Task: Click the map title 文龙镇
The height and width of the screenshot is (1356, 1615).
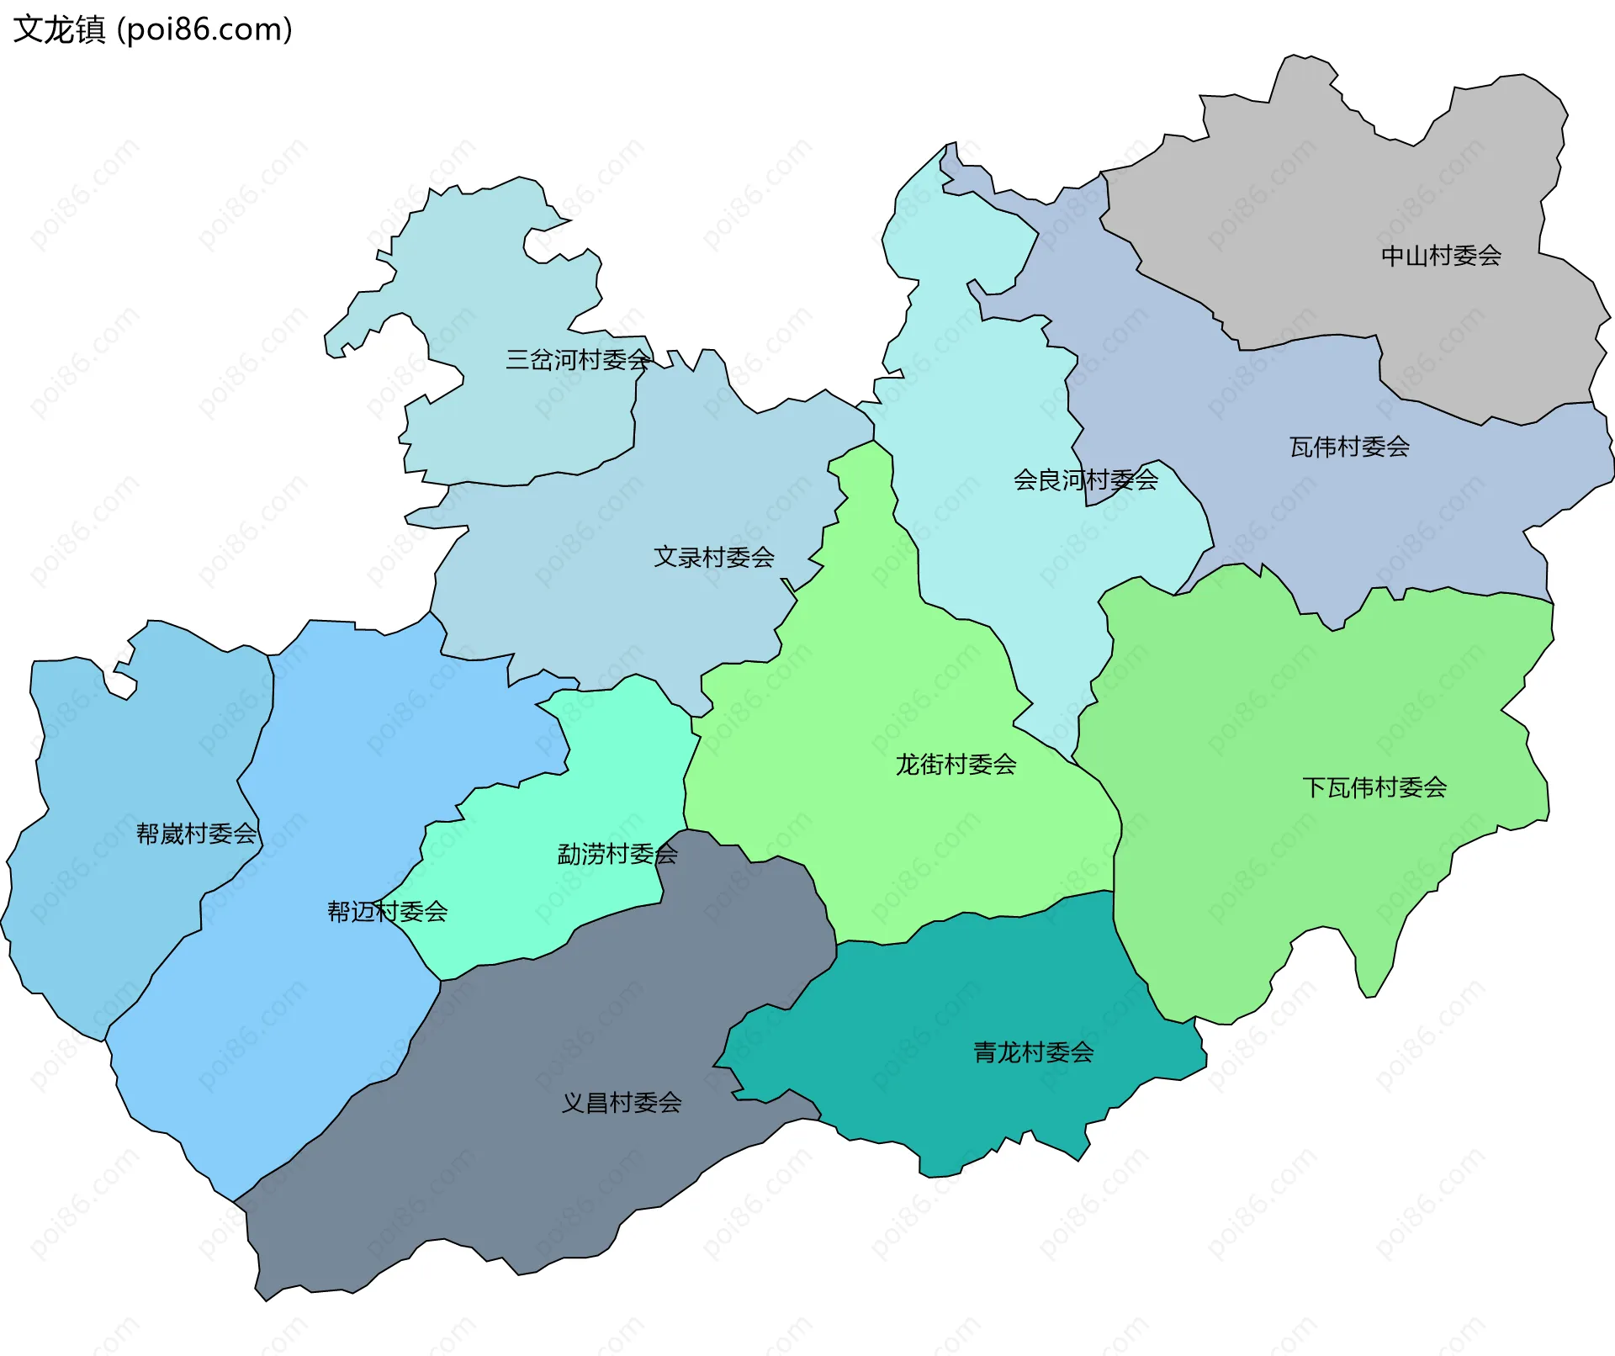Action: pos(59,30)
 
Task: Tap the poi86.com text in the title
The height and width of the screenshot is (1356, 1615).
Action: pos(204,30)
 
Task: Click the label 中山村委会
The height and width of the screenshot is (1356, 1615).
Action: pos(1441,256)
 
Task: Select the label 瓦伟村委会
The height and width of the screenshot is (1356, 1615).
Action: pos(1349,447)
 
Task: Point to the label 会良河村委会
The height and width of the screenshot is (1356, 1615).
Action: pos(1085,480)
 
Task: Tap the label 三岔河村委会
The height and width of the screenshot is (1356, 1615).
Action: pos(577,360)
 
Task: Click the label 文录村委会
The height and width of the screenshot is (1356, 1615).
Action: pos(713,557)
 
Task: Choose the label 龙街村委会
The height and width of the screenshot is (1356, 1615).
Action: pos(956,765)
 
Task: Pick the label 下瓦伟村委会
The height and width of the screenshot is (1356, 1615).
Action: pos(1374,787)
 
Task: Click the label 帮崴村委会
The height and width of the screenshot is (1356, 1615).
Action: pos(196,834)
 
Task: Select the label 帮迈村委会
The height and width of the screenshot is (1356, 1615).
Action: pos(387,911)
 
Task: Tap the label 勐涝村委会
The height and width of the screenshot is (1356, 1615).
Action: pos(617,855)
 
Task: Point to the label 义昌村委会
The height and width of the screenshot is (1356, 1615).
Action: pos(621,1103)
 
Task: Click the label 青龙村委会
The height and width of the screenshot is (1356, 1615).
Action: pos(1033,1052)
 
